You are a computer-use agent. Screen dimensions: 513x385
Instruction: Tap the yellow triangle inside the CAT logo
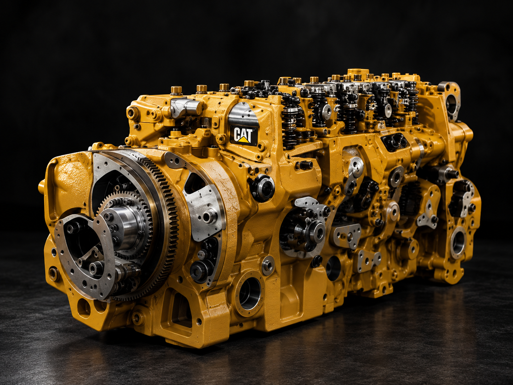click(x=246, y=140)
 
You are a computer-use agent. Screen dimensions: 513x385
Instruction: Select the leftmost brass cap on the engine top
click(x=176, y=90)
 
